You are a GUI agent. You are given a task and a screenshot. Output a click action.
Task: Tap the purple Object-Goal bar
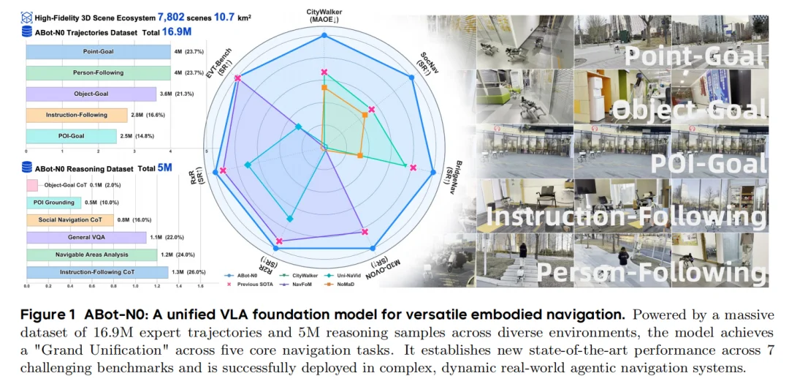[91, 94]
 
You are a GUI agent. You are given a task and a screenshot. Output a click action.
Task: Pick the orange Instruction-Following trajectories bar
[77, 115]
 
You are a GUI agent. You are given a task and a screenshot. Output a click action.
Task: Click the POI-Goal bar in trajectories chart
[71, 136]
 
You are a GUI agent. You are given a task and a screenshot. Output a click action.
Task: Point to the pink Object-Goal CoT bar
[32, 185]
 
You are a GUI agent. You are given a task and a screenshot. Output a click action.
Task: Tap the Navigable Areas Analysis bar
[91, 255]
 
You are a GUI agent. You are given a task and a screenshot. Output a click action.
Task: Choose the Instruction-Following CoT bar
[97, 272]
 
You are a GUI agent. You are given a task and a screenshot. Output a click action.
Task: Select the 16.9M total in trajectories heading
[178, 31]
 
